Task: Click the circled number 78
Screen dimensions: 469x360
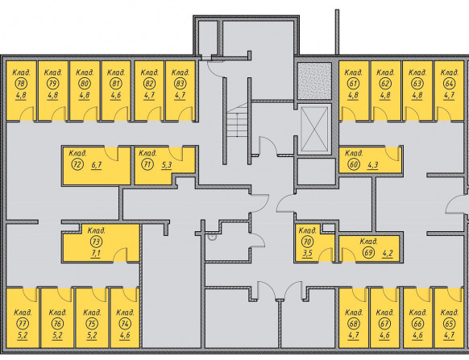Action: coord(21,84)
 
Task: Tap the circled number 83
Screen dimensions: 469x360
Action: coord(180,84)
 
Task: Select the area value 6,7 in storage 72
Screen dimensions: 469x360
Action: coord(97,164)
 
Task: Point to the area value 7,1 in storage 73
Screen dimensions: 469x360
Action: coord(96,253)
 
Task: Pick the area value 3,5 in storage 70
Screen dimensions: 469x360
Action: coord(308,253)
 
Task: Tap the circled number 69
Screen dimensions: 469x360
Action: coord(368,253)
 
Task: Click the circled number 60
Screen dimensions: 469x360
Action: coord(353,164)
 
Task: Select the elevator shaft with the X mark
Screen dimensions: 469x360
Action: coord(314,129)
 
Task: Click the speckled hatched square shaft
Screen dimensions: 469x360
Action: coord(314,81)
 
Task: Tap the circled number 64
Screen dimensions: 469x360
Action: coord(450,84)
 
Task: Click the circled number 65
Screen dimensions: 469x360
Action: coord(450,324)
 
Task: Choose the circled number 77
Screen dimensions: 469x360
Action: coord(23,324)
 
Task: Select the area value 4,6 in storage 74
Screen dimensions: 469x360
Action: coord(125,335)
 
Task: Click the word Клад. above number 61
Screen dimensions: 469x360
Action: coord(354,72)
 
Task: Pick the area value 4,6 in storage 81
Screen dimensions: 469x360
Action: coord(116,95)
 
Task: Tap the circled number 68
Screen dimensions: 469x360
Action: coord(354,324)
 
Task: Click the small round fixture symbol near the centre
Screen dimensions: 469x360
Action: coord(212,238)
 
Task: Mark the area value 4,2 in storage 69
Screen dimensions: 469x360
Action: coord(388,253)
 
